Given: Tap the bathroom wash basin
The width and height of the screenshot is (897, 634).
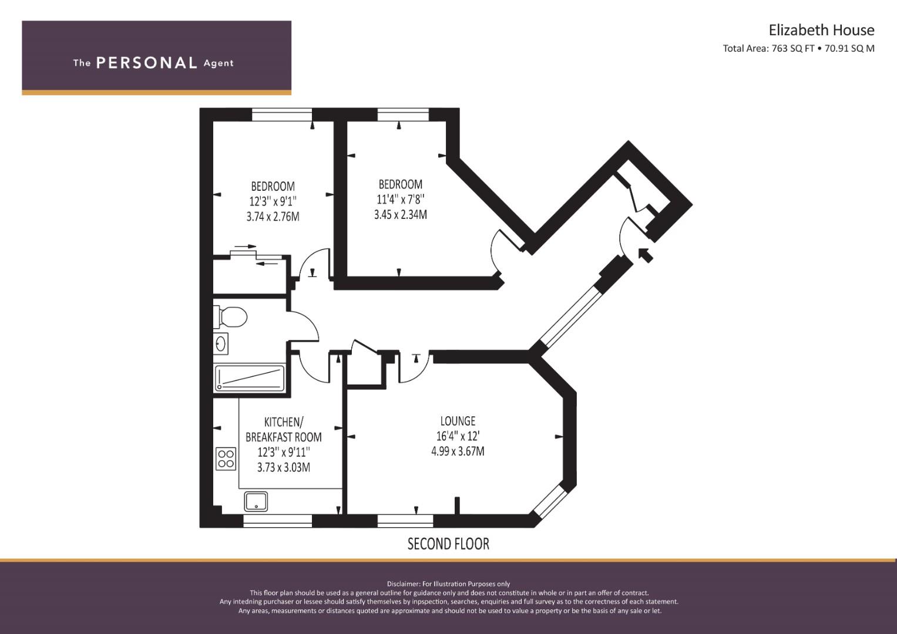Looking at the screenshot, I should [x=221, y=343].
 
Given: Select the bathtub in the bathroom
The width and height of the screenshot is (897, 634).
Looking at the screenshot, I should [x=250, y=378].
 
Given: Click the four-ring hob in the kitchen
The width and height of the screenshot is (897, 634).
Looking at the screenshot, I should [x=226, y=458].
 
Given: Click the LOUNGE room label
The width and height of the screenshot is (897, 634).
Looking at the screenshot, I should [x=458, y=421].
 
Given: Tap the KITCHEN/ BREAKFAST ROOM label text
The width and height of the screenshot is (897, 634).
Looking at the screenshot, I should [x=283, y=429].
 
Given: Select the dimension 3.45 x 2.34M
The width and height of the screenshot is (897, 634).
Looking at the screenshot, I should [x=400, y=215].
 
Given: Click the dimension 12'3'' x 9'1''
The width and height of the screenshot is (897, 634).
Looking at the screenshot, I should [x=273, y=201].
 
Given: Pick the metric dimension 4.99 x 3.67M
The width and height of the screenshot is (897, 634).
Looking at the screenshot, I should [x=458, y=451].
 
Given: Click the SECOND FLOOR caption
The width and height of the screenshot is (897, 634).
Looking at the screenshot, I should [x=448, y=544].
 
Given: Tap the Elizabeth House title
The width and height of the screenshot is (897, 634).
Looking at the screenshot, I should [x=821, y=30].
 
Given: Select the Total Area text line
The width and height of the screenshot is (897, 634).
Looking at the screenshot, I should [x=798, y=49].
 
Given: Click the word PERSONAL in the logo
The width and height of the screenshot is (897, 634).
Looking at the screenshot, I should [x=146, y=63].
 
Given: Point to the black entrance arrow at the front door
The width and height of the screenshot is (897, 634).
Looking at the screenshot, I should [x=645, y=255].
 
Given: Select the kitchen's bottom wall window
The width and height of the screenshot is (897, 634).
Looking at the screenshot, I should [x=277, y=521].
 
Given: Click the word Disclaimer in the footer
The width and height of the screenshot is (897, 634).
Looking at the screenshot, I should [x=403, y=584].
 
